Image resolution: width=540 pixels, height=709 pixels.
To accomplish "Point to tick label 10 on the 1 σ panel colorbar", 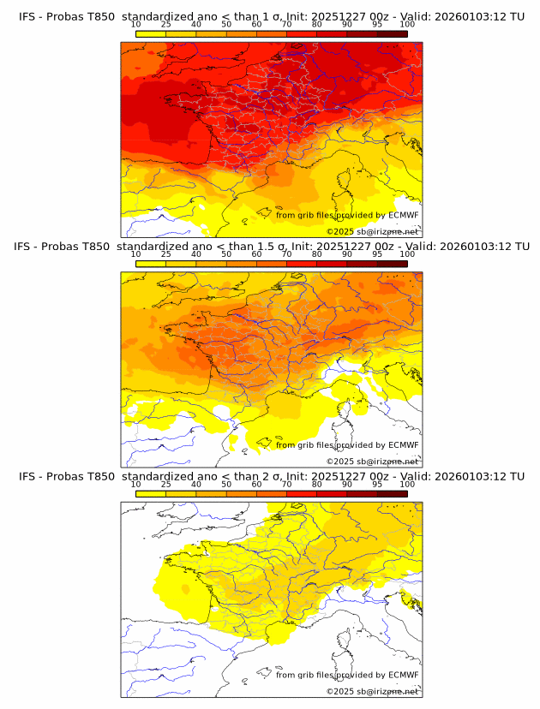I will pos(136,24).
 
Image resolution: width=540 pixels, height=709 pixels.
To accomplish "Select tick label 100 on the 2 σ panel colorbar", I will pos(406,484).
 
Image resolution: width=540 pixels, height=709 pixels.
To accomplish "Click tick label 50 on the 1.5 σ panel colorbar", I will pos(226,254).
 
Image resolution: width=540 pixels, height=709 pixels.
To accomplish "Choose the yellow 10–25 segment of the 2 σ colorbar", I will pos(151,493).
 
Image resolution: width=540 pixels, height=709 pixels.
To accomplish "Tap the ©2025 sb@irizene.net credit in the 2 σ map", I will pos(373,691).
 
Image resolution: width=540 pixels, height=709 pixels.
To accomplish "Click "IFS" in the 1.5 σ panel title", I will pos(24,247).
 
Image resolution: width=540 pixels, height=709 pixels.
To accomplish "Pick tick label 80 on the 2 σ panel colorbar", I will pos(317,484).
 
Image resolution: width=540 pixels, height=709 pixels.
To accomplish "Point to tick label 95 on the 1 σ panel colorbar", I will pos(377,24).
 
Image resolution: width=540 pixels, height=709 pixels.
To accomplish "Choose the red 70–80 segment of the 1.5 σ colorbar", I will pos(302,264).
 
